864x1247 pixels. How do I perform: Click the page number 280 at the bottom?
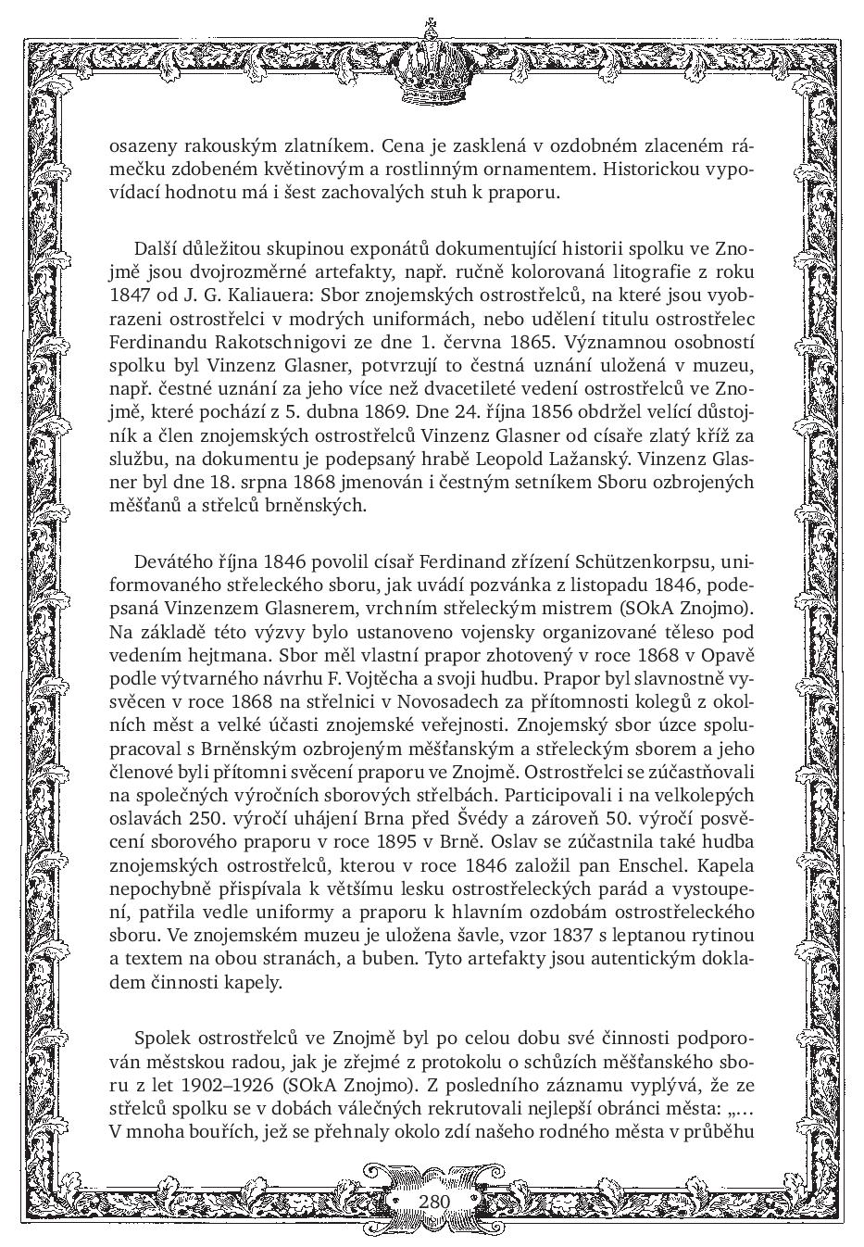[433, 1202]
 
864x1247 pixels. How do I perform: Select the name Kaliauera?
[251, 296]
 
